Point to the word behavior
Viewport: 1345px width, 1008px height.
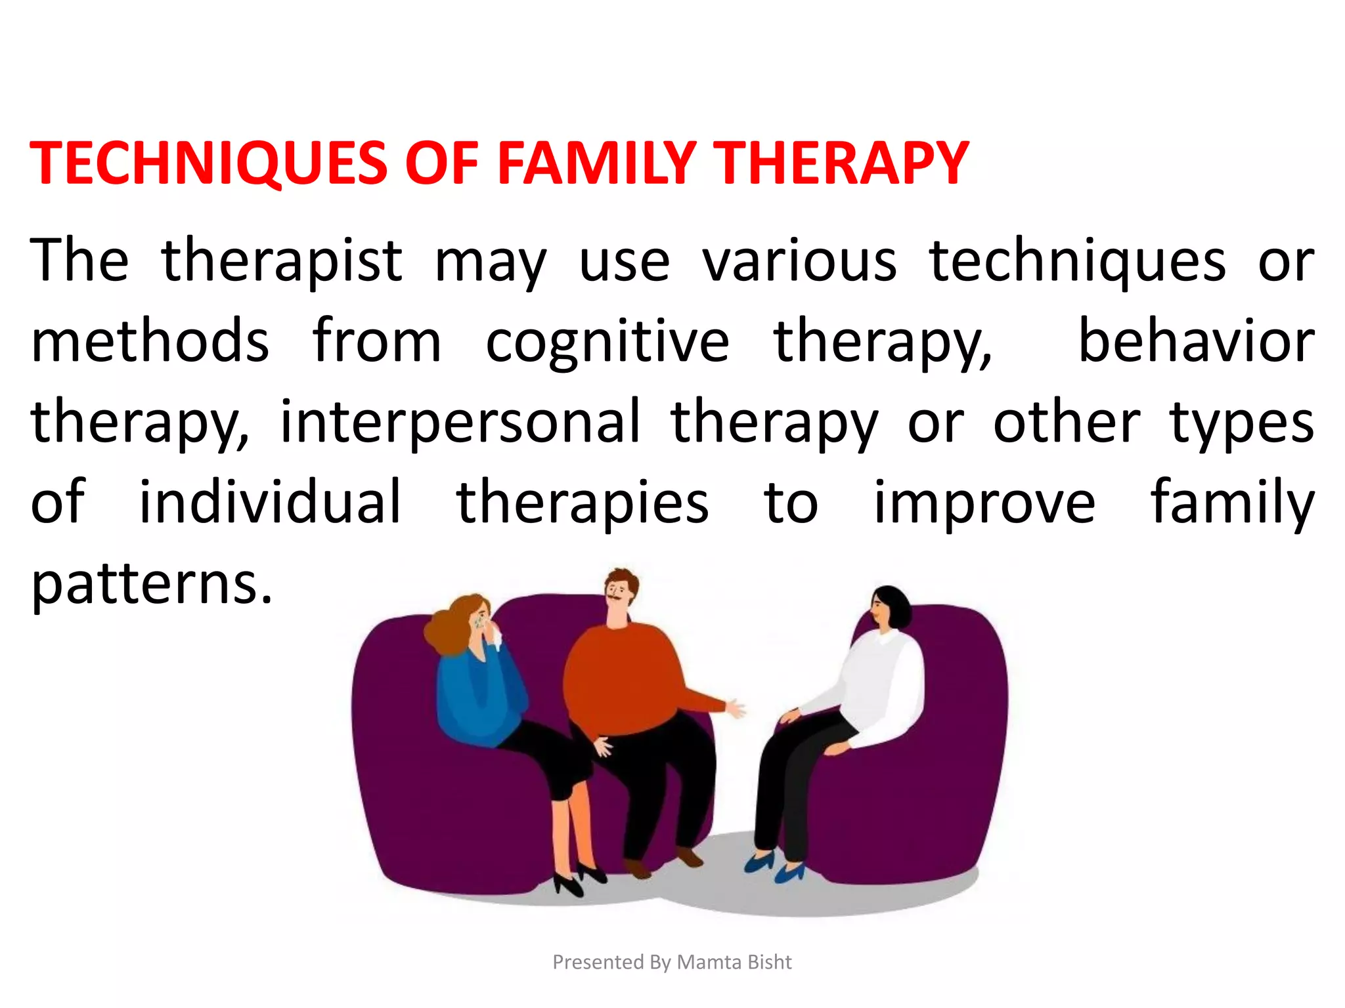click(x=1197, y=341)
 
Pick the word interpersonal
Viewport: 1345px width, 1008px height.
click(x=460, y=422)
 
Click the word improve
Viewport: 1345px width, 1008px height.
click(x=984, y=504)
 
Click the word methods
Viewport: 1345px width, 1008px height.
click(x=150, y=341)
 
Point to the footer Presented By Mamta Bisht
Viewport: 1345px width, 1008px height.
click(x=672, y=962)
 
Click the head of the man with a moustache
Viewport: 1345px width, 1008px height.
click(x=619, y=594)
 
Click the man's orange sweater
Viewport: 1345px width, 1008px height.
click(x=624, y=676)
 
